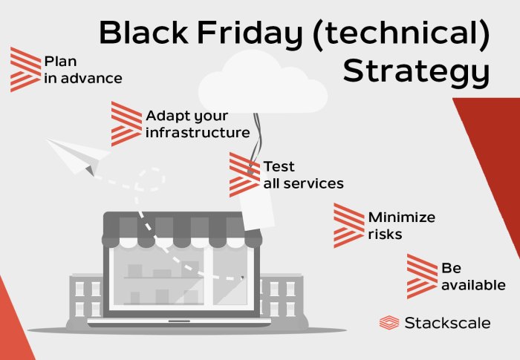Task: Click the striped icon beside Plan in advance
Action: coord(25,69)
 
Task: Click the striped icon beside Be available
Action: coord(422,276)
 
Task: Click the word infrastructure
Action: coord(198,134)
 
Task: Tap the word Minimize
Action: coord(402,217)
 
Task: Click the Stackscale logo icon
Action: coord(389,323)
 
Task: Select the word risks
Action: coord(385,235)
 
